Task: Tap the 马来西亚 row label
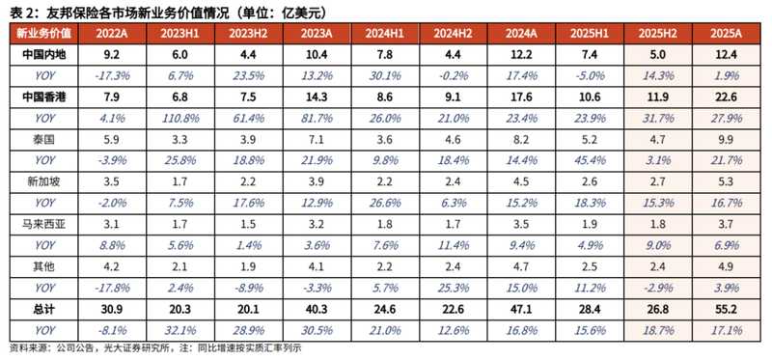click(x=34, y=223)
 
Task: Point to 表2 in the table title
click(x=20, y=11)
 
